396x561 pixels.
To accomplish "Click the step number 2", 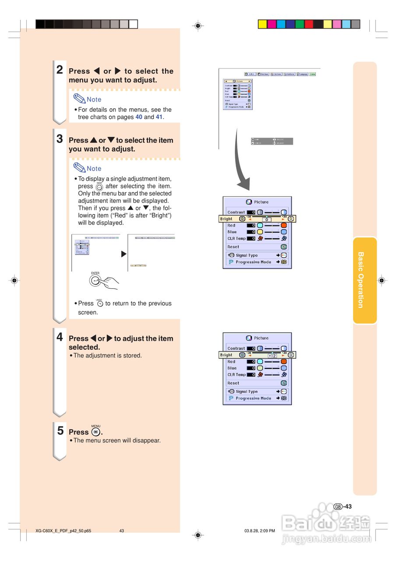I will coord(60,70).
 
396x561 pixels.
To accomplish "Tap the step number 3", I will coord(60,139).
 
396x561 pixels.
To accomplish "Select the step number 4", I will coord(60,337).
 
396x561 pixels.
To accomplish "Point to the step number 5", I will coord(60,430).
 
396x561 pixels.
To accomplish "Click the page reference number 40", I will coord(139,117).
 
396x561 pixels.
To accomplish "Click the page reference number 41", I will coord(159,117).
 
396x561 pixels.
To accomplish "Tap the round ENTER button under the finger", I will coord(95,281).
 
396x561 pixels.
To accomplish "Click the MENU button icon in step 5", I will coord(96,432).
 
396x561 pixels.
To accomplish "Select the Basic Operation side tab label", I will coord(361,280).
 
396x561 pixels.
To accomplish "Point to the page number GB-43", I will coord(343,507).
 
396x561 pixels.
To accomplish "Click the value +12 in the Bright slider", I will coord(272,355).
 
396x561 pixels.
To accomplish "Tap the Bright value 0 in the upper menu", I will coord(266,219).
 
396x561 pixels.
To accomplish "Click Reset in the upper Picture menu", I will coord(233,247).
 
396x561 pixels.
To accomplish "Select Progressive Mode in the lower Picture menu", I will coord(253,398).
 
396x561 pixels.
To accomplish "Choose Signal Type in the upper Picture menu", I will coord(247,255).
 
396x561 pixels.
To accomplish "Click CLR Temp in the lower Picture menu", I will coord(237,375).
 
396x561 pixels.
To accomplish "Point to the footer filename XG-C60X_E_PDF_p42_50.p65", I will coord(64,531).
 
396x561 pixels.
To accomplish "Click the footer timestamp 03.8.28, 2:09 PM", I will coord(260,531).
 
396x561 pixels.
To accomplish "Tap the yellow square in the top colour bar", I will coord(262,24).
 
